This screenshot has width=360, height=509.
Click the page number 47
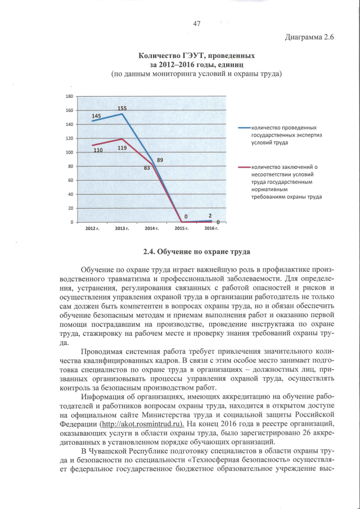click(x=196, y=23)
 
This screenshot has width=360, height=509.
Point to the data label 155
click(x=122, y=108)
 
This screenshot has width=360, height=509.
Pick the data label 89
click(x=160, y=160)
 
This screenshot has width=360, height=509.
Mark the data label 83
click(x=147, y=168)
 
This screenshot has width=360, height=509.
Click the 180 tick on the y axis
click(x=70, y=96)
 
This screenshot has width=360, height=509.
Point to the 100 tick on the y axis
click(x=70, y=152)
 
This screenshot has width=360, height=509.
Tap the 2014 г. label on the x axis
click(x=152, y=229)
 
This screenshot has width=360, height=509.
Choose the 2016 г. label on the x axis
click(x=211, y=229)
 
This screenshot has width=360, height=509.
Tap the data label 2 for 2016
click(x=210, y=215)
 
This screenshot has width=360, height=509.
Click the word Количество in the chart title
click(x=161, y=56)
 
